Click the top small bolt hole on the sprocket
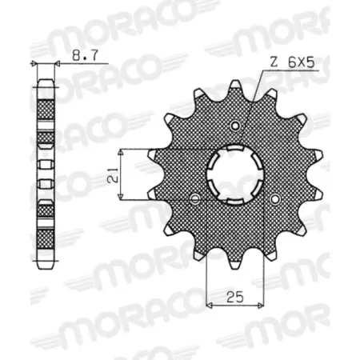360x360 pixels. tap(234, 126)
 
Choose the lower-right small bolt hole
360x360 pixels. tap(274, 199)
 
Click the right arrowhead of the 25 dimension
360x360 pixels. tap(261, 304)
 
